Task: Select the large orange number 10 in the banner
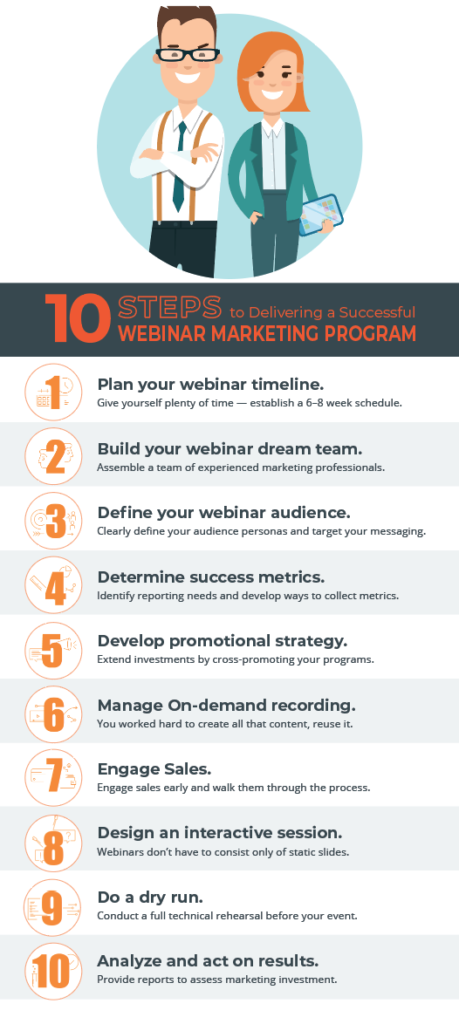pyautogui.click(x=74, y=317)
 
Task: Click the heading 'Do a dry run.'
pyautogui.click(x=152, y=895)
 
